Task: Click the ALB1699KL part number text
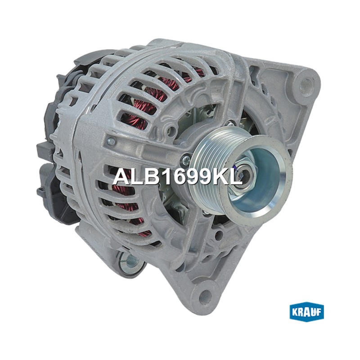coord(177,176)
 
